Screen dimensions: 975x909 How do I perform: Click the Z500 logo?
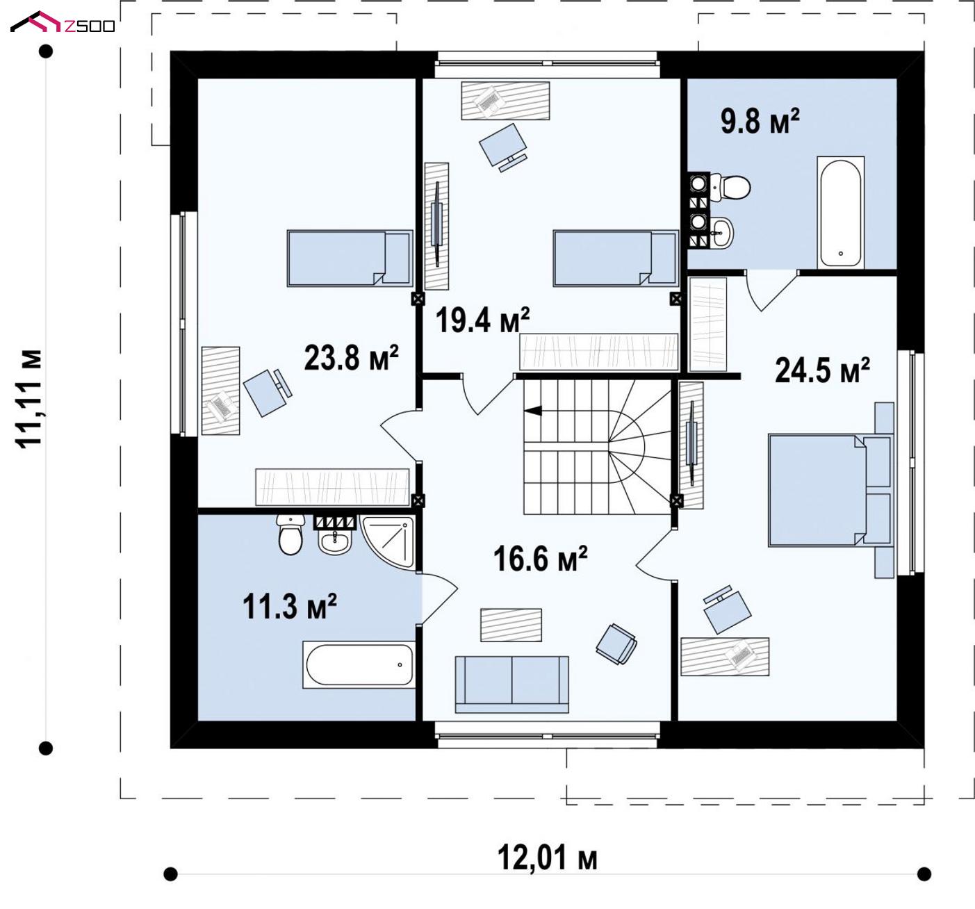(63, 22)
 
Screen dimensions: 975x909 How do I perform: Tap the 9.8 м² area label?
(760, 121)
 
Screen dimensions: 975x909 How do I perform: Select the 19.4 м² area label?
(482, 320)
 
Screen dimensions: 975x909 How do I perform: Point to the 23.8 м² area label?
(351, 357)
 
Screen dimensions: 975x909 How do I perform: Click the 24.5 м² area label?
(822, 370)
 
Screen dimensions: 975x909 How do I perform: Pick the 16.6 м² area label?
(540, 559)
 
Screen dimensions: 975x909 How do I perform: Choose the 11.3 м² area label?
(290, 607)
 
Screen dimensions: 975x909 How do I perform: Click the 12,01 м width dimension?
(547, 858)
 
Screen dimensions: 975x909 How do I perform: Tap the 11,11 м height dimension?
(29, 399)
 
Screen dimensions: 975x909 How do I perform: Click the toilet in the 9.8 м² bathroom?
(730, 187)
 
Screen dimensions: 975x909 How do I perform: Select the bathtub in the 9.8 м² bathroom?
(840, 212)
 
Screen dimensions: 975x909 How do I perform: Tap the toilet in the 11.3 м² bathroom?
(290, 534)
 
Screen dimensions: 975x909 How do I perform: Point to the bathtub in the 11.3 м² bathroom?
(359, 664)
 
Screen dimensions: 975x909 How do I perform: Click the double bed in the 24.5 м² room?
(830, 490)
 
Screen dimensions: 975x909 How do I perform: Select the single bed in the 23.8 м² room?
(350, 259)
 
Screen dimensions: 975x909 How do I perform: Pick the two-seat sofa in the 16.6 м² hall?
(511, 684)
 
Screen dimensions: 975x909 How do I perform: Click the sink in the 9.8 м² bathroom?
(721, 232)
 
